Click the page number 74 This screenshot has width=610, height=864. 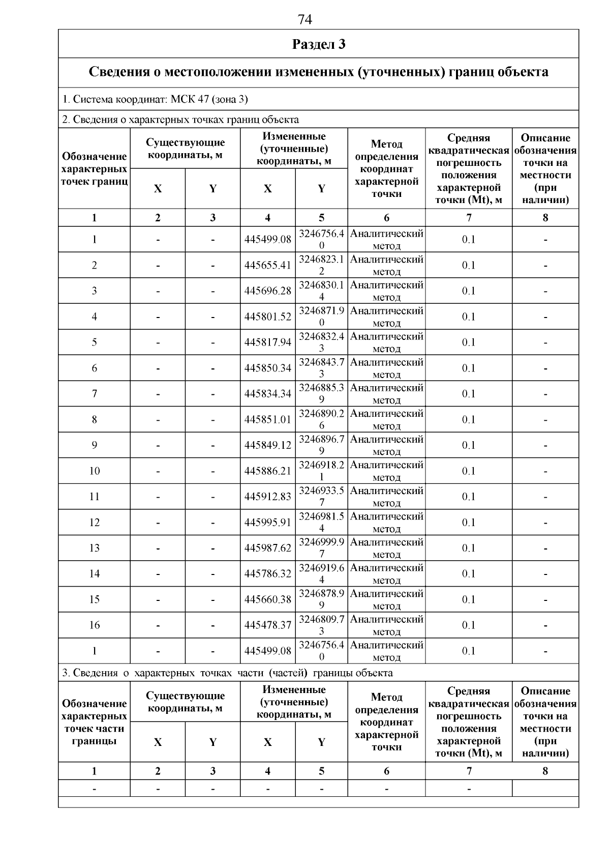coord(304,19)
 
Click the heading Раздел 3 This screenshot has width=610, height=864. coord(319,44)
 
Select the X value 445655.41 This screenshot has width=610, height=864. coord(268,265)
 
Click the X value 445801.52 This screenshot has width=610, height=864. coord(268,316)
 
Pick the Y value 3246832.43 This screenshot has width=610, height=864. coord(321,342)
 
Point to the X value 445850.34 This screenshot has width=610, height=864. coord(268,368)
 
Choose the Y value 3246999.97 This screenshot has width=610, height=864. coord(321,548)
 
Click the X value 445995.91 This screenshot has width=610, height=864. coord(268,523)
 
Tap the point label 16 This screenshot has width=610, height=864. coord(95,625)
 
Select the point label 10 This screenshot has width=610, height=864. coord(95,471)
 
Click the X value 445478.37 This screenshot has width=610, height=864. coord(268,625)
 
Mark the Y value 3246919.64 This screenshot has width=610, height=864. coord(321,573)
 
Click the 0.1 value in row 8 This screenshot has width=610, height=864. coord(468,420)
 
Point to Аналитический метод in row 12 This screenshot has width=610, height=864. coord(386,523)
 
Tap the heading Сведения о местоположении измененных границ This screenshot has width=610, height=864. coord(319,72)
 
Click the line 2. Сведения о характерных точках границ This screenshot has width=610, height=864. coord(180,120)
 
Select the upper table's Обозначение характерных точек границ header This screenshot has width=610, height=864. coord(95,169)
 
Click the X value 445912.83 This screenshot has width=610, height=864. coord(268,497)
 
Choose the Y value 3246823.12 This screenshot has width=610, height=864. coord(321,265)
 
